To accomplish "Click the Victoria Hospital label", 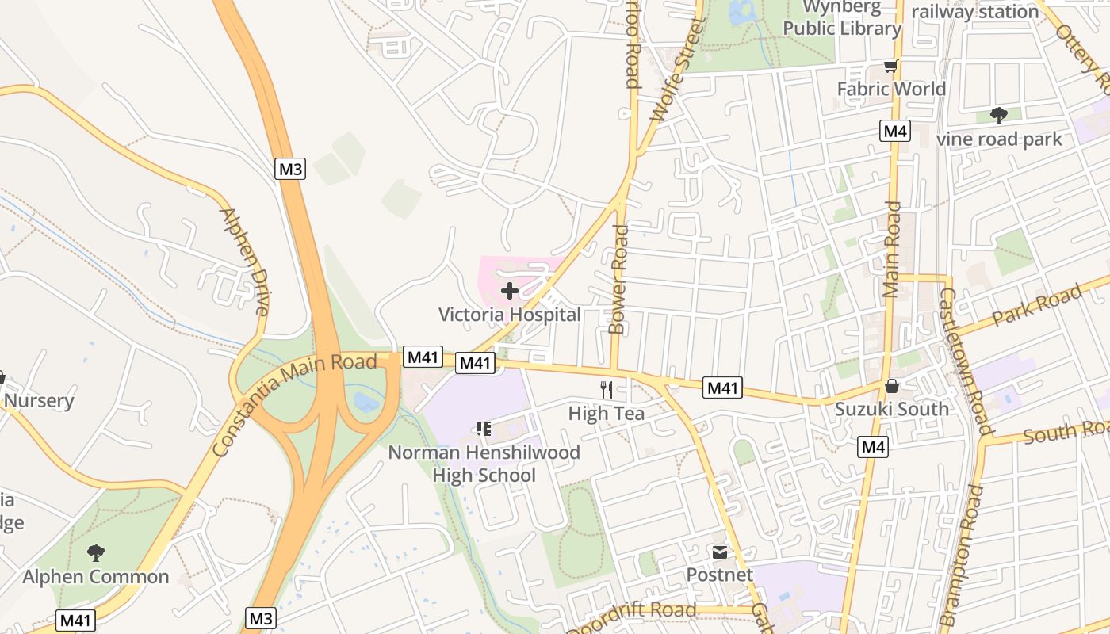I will (509, 315).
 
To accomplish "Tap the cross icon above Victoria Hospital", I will (510, 292).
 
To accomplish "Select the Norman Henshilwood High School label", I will (484, 464).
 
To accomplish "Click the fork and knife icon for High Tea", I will (607, 389).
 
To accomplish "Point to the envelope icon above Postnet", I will (719, 552).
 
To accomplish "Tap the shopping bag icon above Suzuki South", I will (892, 386).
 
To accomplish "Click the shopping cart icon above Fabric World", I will (891, 66).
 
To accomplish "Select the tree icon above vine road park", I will (999, 116).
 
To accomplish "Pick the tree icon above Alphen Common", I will (96, 552).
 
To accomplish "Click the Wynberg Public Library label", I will (842, 19).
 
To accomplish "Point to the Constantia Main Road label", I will (294, 404).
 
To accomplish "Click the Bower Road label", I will (618, 279).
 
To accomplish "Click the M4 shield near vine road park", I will (894, 131).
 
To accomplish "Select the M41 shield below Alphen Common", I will (75, 620).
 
